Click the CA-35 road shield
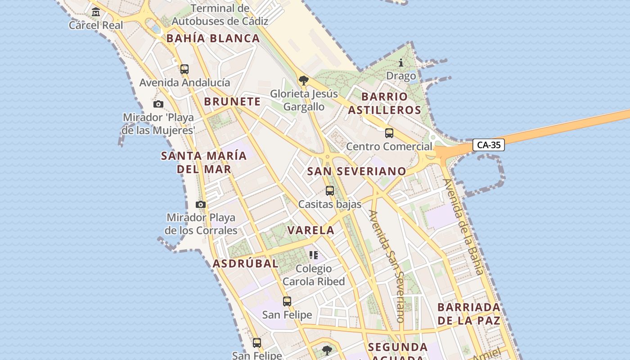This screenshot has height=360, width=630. [x=489, y=145]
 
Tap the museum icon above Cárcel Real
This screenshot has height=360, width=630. [x=96, y=12]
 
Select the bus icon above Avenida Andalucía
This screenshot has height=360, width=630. [x=184, y=69]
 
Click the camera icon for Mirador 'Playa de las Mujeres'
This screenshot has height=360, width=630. [x=158, y=104]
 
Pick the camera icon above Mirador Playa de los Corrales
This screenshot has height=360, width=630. [x=201, y=204]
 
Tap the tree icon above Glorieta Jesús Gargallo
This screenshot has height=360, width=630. [x=303, y=81]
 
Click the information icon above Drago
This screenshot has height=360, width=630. [x=401, y=63]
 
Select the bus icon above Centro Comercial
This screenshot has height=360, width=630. [x=389, y=133]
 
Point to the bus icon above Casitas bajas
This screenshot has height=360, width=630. [x=330, y=191]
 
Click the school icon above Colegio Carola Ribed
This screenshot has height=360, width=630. [x=314, y=255]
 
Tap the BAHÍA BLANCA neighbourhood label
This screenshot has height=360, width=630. [x=213, y=38]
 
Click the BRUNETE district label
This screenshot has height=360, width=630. [x=232, y=102]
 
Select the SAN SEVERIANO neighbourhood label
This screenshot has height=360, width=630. [x=357, y=171]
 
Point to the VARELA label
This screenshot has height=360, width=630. [x=311, y=230]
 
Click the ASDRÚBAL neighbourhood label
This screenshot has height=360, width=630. [x=245, y=264]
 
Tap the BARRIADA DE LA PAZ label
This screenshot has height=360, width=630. [x=469, y=314]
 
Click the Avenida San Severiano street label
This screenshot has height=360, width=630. [x=387, y=265]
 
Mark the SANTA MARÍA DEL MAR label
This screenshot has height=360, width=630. [x=204, y=162]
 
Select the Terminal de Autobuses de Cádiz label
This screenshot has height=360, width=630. [x=220, y=15]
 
